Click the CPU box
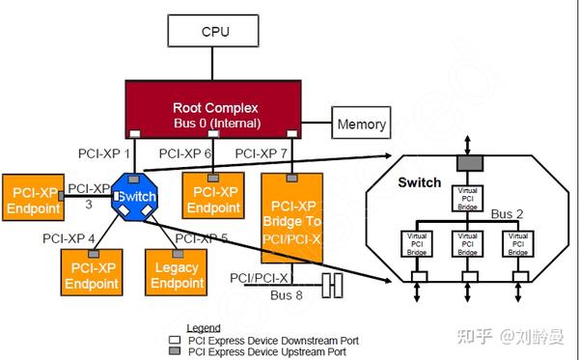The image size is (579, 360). [x=215, y=31]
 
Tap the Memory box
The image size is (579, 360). [x=362, y=125]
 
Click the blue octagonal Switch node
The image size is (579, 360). [x=134, y=197]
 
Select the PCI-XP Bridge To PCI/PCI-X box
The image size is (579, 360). [x=295, y=217]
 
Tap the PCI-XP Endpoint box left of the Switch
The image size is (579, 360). [x=32, y=197]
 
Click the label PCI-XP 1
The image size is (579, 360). [x=103, y=153]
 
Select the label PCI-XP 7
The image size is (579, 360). [x=262, y=153]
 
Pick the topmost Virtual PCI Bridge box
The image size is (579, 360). [x=466, y=197]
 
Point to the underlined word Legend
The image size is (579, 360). [x=203, y=329]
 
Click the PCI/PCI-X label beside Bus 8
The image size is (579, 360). [x=260, y=278]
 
